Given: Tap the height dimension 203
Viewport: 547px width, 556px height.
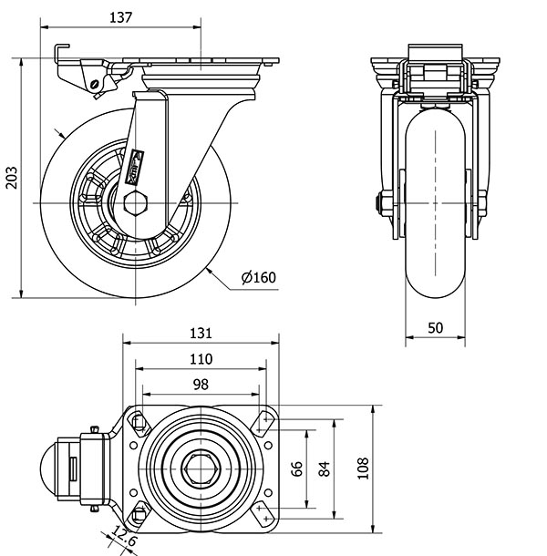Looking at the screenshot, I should pos(12,177).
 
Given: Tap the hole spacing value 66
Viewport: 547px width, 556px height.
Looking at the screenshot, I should pos(296,468).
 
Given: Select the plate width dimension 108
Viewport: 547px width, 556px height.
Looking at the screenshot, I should pos(363,468).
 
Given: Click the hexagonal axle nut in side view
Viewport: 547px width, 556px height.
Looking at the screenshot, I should pos(134,201).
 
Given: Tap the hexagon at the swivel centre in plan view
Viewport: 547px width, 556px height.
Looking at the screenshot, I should pos(200,468).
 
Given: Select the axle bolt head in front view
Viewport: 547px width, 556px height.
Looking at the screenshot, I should pos(377,202).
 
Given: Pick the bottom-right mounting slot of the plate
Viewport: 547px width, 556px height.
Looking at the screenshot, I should pos(266,516).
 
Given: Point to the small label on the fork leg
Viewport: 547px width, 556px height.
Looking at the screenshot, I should pos(137,164).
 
